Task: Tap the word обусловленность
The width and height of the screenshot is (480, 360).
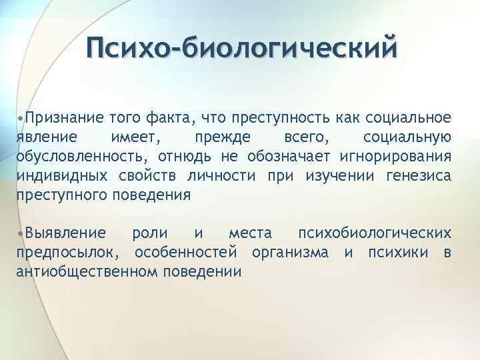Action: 79,157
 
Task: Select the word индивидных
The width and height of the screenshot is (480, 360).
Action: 55,176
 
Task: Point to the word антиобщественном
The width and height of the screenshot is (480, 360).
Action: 74,272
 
